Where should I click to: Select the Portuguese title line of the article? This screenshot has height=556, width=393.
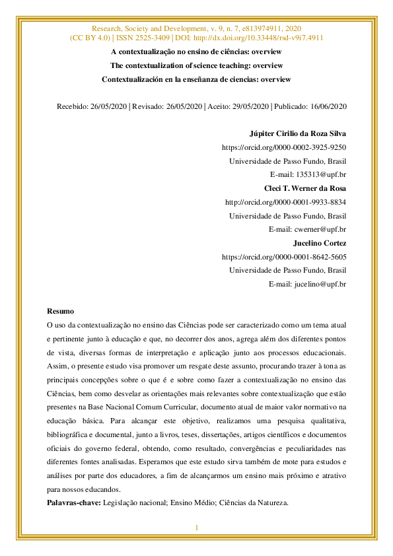click(x=196, y=52)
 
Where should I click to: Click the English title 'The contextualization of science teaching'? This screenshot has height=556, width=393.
click(x=196, y=66)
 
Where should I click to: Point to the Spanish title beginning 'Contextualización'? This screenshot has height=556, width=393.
click(x=196, y=79)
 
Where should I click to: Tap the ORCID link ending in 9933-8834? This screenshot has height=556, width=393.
click(x=285, y=203)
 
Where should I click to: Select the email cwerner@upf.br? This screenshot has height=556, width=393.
click(x=320, y=229)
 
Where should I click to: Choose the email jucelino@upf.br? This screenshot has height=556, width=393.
click(x=320, y=284)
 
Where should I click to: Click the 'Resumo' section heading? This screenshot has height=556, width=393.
click(x=61, y=311)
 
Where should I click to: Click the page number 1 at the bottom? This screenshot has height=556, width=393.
click(x=196, y=528)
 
